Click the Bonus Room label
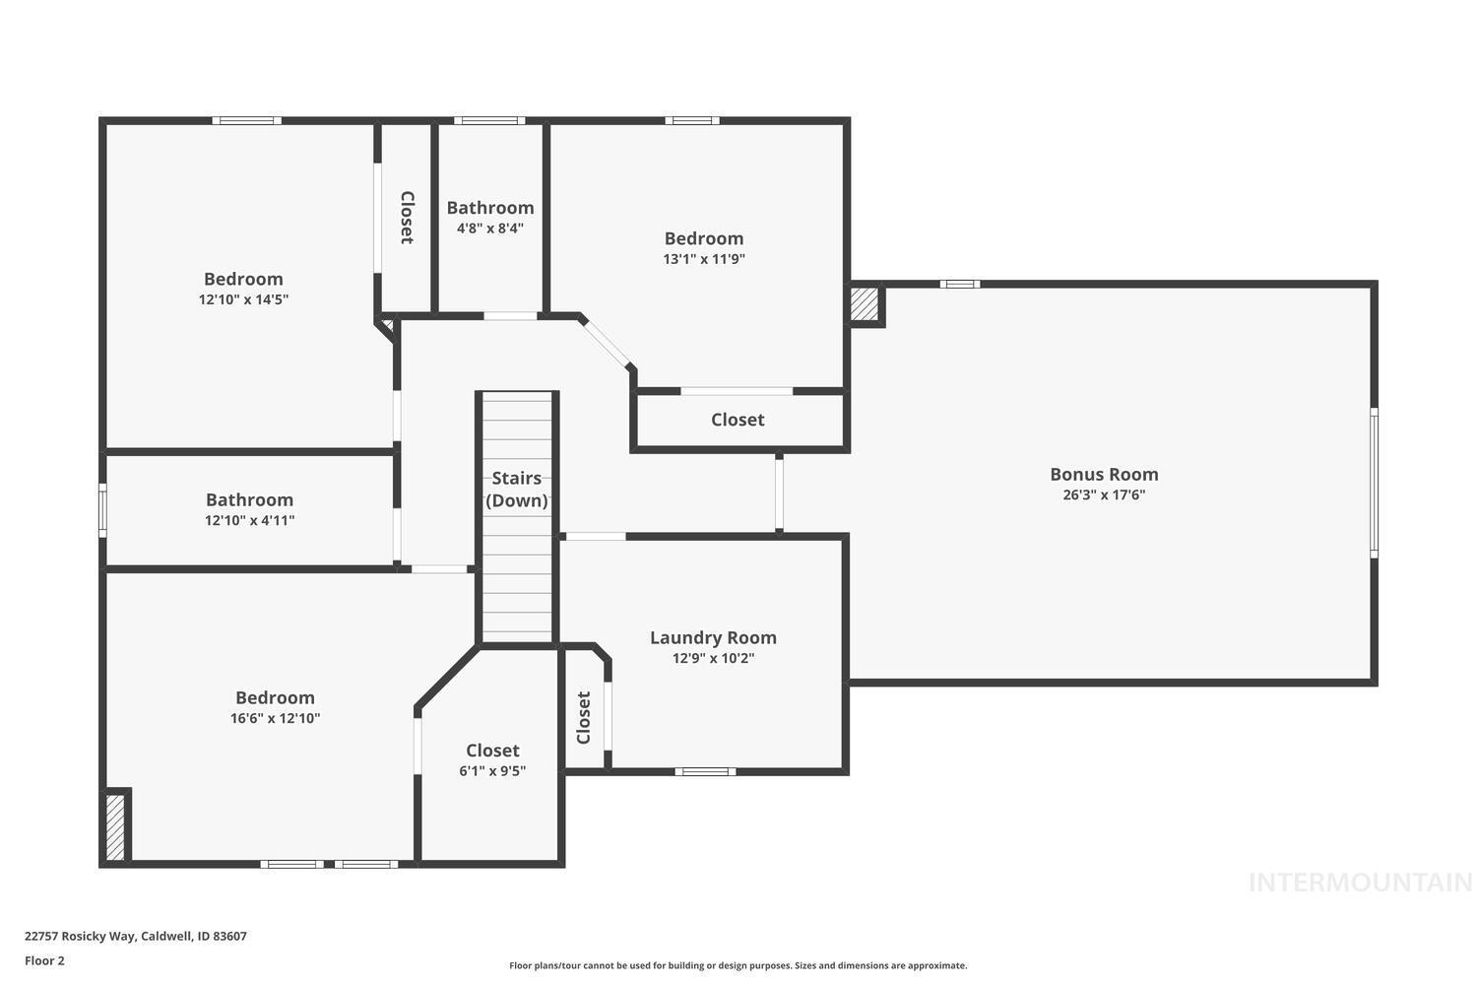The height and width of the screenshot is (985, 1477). (1104, 474)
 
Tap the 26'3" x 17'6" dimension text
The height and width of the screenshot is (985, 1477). (1104, 495)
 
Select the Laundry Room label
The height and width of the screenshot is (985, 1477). (713, 637)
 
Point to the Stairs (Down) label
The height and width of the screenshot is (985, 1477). (517, 490)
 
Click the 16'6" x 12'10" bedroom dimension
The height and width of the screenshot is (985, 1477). (275, 719)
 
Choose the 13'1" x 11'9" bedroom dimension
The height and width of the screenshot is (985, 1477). (703, 259)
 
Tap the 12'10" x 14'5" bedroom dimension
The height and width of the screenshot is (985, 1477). (243, 299)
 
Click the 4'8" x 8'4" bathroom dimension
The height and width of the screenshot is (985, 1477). (489, 229)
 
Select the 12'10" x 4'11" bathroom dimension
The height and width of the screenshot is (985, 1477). (249, 521)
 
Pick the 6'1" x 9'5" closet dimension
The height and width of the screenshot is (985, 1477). (492, 771)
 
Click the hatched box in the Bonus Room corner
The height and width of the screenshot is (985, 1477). (865, 304)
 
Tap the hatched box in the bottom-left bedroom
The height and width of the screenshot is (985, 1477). (115, 826)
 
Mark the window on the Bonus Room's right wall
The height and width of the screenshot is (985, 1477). (1374, 483)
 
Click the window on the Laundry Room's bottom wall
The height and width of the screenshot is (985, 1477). (705, 771)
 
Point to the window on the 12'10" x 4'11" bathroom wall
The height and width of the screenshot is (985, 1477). (102, 510)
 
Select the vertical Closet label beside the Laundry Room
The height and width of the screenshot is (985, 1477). (584, 717)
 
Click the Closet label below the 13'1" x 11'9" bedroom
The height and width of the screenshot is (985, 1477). (738, 420)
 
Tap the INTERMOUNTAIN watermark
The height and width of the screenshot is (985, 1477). (1359, 883)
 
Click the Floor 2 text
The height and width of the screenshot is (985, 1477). (44, 960)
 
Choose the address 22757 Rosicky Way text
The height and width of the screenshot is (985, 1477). (136, 936)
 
